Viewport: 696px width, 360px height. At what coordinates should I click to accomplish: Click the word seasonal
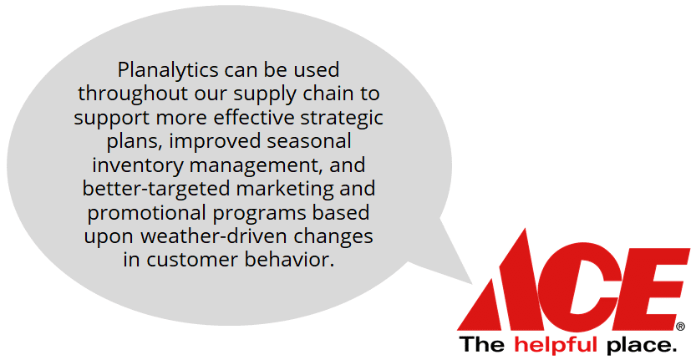click(309, 142)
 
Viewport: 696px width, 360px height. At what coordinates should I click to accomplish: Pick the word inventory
click(138, 165)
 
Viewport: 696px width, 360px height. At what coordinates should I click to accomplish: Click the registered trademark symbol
click(680, 327)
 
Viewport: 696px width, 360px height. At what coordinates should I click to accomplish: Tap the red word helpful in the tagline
click(556, 344)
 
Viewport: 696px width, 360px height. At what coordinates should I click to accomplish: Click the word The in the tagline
click(481, 344)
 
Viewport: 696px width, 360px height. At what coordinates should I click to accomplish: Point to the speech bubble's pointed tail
click(471, 283)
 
